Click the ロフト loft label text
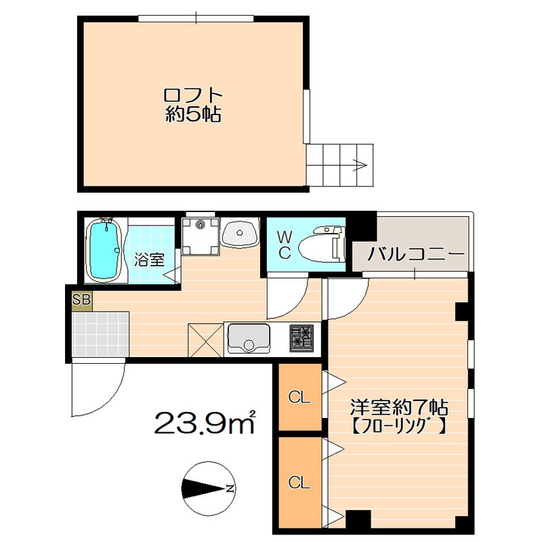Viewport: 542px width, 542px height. [193, 95]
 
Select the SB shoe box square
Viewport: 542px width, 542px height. [82, 299]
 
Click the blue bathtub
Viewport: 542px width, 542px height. [104, 249]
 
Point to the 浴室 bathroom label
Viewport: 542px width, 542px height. [149, 259]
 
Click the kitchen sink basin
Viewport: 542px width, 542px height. [249, 338]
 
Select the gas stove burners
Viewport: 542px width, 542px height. [301, 337]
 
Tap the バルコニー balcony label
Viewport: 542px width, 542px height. [415, 255]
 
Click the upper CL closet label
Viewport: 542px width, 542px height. [299, 398]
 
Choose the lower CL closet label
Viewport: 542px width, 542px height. [299, 482]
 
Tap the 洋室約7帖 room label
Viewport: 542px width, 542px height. [399, 408]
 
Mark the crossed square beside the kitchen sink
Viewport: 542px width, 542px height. [206, 340]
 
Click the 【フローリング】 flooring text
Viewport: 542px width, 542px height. [398, 428]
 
